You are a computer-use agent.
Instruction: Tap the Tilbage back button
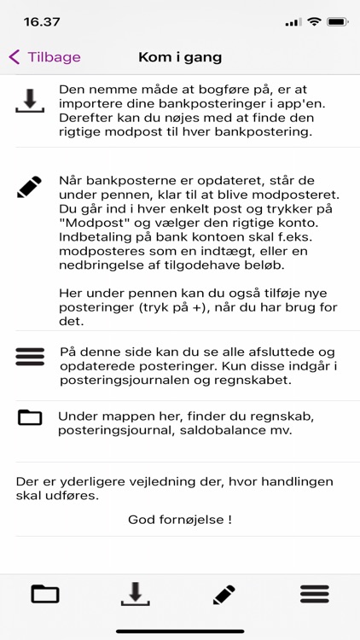pyautogui.click(x=46, y=57)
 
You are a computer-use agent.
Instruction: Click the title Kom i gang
pyautogui.click(x=180, y=57)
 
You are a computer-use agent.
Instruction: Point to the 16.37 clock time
pyautogui.click(x=42, y=20)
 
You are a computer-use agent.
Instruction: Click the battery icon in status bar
pyautogui.click(x=339, y=20)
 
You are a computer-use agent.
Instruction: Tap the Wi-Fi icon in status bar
pyautogui.click(x=314, y=20)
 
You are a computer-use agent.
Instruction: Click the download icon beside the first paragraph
pyautogui.click(x=30, y=101)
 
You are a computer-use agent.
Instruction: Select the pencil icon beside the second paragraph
pyautogui.click(x=30, y=187)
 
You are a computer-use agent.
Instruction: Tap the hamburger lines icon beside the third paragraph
pyautogui.click(x=30, y=357)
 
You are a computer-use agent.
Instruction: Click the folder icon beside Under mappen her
pyautogui.click(x=30, y=417)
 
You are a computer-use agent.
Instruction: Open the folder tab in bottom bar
pyautogui.click(x=45, y=594)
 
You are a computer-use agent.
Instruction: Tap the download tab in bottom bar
pyautogui.click(x=135, y=594)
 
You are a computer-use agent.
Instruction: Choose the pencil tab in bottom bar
pyautogui.click(x=224, y=594)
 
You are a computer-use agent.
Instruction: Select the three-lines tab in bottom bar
pyautogui.click(x=314, y=594)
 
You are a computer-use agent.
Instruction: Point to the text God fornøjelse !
pyautogui.click(x=180, y=519)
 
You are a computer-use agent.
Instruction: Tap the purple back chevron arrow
pyautogui.click(x=15, y=57)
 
